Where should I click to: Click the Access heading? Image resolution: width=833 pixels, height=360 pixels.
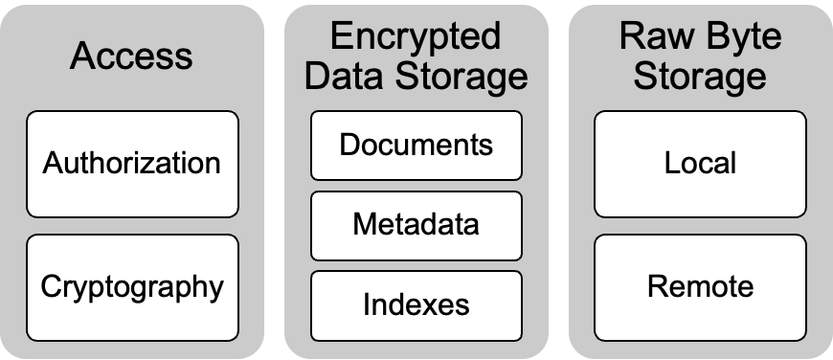[x=131, y=56]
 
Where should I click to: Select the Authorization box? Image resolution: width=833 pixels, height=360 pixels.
[x=133, y=164]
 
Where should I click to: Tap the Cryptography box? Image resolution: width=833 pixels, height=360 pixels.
[x=133, y=288]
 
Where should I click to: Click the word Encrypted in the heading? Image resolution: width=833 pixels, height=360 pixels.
[x=416, y=37]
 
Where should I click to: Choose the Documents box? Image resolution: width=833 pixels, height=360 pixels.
[x=416, y=146]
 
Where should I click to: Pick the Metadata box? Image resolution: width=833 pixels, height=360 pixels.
[x=416, y=226]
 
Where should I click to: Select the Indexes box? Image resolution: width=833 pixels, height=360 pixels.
[x=416, y=305]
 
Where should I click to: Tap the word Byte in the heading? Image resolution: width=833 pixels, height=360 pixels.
[x=741, y=37]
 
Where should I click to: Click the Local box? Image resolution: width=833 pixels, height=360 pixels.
[x=700, y=164]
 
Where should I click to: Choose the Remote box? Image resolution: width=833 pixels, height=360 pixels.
[x=700, y=288]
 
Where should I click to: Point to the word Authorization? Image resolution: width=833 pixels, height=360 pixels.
[x=132, y=163]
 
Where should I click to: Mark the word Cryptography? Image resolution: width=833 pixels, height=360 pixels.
[x=132, y=288]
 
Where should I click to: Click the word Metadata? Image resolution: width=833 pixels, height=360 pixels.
[x=416, y=224]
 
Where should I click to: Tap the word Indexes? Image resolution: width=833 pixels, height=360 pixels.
[x=416, y=304]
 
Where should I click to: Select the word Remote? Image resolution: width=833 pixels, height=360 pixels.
[x=700, y=286]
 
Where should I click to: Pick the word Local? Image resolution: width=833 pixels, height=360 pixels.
[x=700, y=163]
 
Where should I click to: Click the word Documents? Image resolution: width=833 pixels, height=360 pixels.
[x=416, y=145]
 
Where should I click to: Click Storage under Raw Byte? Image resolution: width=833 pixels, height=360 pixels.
[x=700, y=77]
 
